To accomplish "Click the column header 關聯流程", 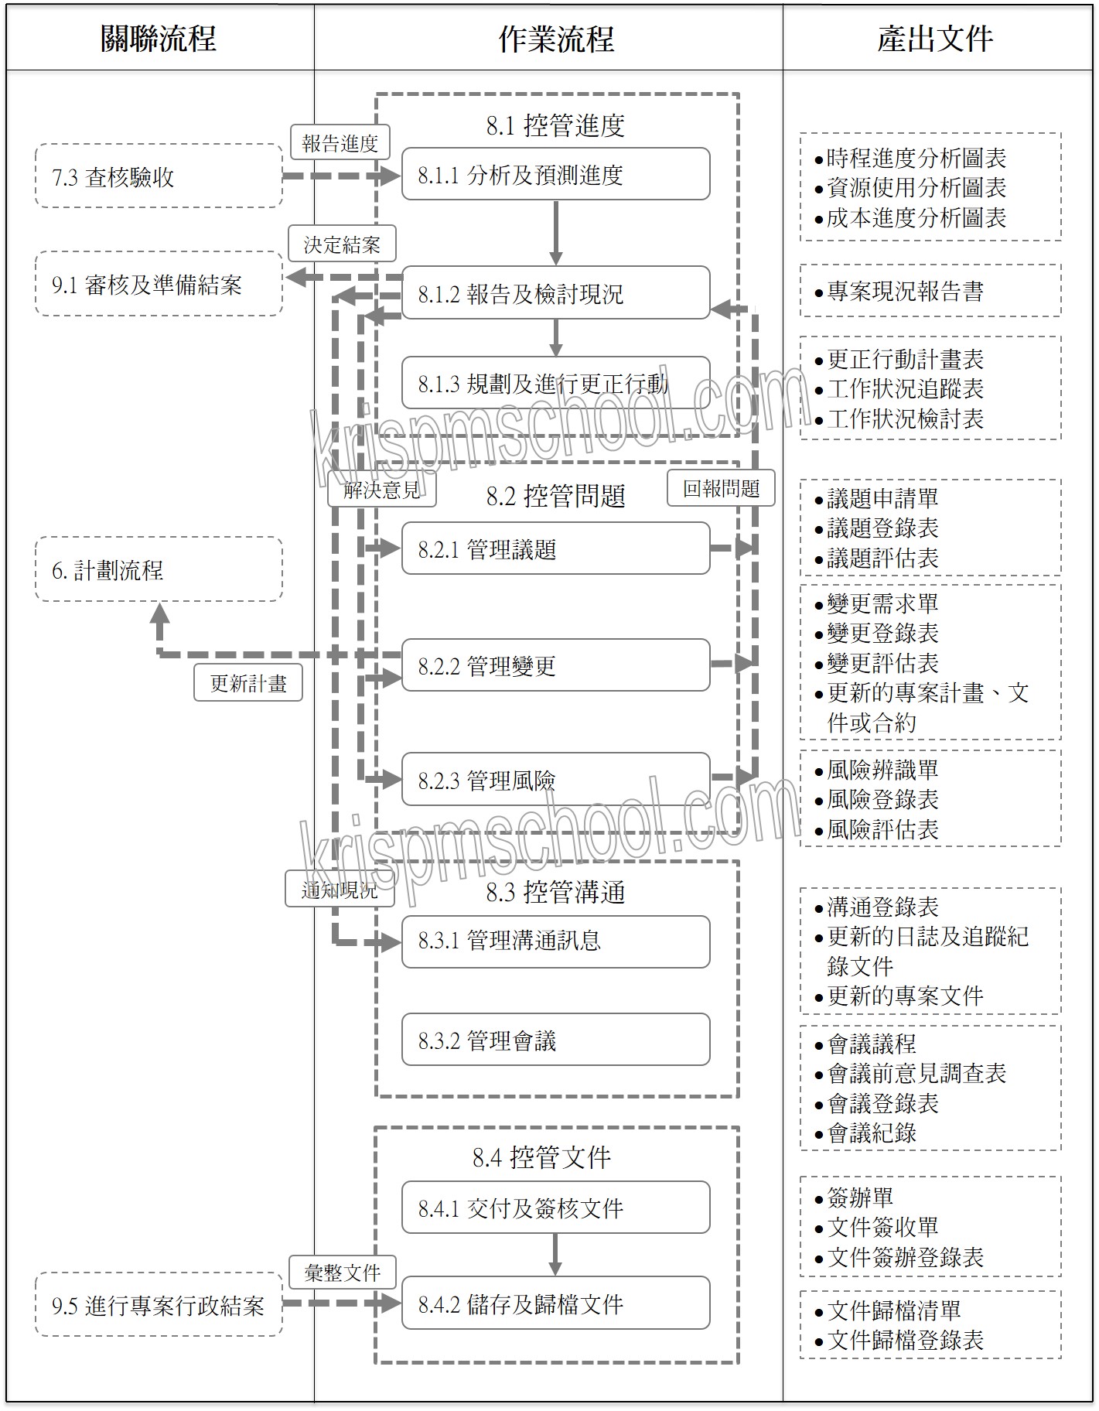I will (159, 39).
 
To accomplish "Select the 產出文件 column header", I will (935, 39).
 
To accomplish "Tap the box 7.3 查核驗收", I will (159, 176).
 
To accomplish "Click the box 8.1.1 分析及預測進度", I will (555, 175).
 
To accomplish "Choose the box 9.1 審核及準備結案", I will (159, 285).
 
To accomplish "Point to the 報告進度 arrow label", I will (340, 143).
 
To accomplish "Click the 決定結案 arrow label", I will (342, 244).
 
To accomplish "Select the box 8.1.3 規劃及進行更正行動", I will (555, 383).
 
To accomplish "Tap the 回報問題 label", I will (721, 488).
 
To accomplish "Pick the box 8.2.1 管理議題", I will (555, 549).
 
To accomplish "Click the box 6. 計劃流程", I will (159, 570).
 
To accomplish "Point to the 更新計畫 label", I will (248, 683).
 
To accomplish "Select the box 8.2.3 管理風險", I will (555, 780).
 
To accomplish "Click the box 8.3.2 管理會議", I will (555, 1040).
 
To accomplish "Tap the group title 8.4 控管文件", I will (541, 1157).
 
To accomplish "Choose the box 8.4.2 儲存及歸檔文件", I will (555, 1304).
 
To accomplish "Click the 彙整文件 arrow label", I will (342, 1273).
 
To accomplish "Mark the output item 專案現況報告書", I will (905, 291).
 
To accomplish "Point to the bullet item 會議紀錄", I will (872, 1133).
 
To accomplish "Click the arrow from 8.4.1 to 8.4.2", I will (555, 1254).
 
